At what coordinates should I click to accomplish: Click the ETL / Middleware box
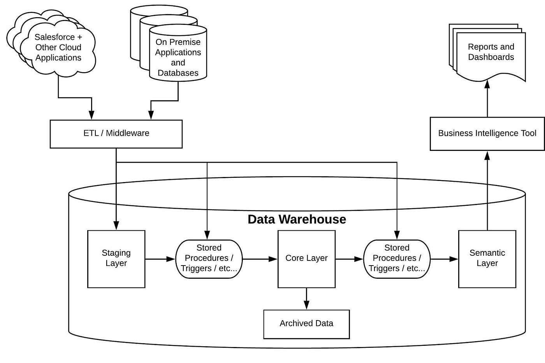pos(116,134)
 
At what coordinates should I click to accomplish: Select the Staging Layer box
pos(116,259)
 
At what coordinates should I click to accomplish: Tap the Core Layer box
pos(306,259)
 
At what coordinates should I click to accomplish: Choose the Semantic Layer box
pos(487,259)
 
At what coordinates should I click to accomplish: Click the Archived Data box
pos(306,324)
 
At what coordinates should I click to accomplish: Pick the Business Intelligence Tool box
pos(487,134)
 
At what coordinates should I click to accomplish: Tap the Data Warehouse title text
pos(297,220)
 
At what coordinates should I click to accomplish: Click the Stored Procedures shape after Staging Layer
pos(209,259)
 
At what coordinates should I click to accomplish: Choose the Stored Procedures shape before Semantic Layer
pos(397,259)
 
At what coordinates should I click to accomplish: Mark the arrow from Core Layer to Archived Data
pos(306,299)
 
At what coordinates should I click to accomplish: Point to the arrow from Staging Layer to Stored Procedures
pos(160,259)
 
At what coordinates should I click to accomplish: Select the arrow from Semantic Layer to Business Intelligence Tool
pos(487,191)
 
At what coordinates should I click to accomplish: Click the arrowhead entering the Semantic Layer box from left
pos(454,259)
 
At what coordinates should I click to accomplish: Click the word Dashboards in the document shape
pos(491,57)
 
